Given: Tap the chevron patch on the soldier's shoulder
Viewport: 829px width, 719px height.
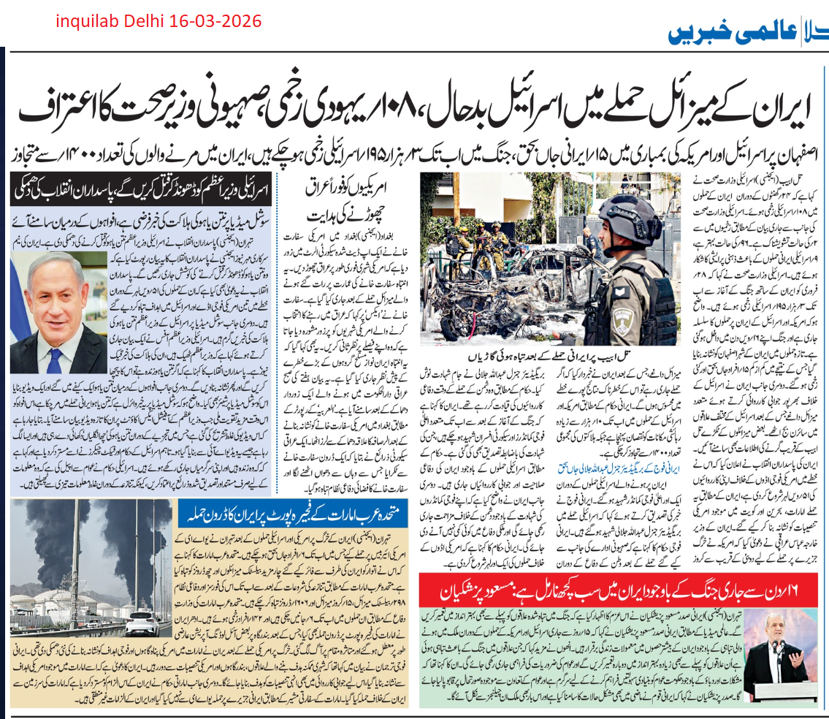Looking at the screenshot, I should [622, 292].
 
